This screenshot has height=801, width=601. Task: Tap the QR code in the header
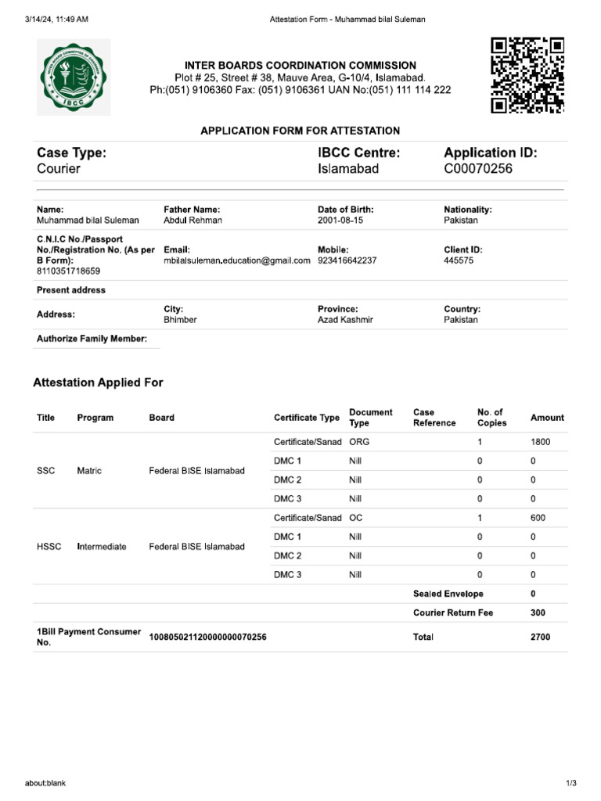[527, 76]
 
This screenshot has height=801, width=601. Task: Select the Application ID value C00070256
[478, 168]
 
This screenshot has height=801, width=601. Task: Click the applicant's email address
[237, 261]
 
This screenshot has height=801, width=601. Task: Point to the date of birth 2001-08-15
[340, 221]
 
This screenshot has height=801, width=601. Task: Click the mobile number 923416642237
[347, 261]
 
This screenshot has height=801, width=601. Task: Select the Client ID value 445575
[459, 261]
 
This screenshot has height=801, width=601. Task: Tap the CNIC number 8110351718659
[68, 271]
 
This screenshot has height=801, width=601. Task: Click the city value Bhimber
[180, 320]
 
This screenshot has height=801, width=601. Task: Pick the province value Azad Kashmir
[345, 320]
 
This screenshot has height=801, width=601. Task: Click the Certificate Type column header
[307, 418]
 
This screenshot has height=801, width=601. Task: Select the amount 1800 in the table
[540, 442]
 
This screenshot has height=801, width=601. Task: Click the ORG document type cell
[358, 442]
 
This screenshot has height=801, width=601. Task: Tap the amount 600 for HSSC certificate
[538, 518]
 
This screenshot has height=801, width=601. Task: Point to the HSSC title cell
[49, 547]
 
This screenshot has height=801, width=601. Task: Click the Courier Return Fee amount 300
[538, 612]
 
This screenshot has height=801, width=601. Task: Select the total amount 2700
[540, 638]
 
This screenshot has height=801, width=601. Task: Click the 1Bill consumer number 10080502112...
[207, 638]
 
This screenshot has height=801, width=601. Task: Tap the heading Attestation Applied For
[98, 383]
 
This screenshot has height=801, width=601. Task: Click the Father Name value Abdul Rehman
[193, 221]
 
